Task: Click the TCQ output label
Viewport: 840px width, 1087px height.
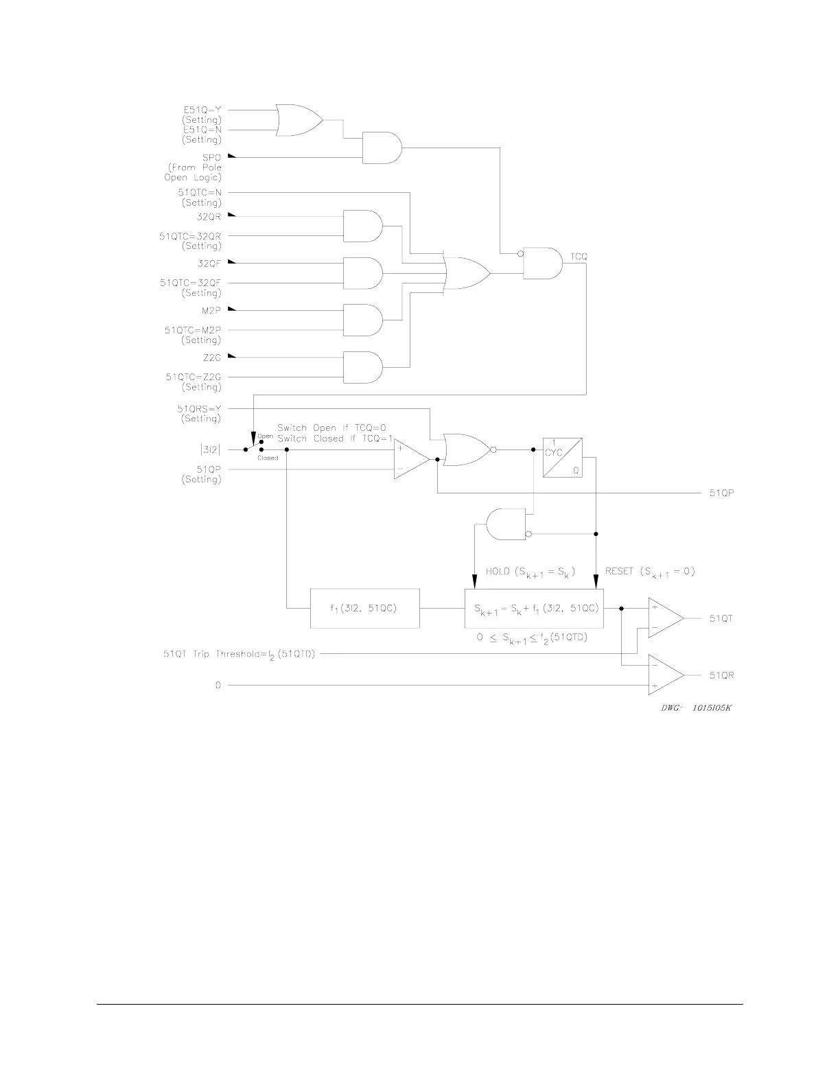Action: click(x=579, y=257)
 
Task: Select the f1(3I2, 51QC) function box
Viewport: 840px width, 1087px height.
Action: click(x=365, y=608)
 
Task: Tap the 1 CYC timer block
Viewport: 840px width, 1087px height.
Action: click(x=562, y=457)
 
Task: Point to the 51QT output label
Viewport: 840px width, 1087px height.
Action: click(x=721, y=618)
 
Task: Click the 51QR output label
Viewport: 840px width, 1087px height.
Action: click(x=721, y=675)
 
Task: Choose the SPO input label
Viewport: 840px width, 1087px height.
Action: click(x=212, y=157)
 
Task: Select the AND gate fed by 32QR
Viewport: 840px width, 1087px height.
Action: click(x=362, y=226)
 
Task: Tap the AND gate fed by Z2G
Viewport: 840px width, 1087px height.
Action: click(x=362, y=367)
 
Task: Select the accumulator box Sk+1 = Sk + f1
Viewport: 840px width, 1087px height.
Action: click(x=533, y=608)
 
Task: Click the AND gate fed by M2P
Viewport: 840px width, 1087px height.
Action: click(x=362, y=320)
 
